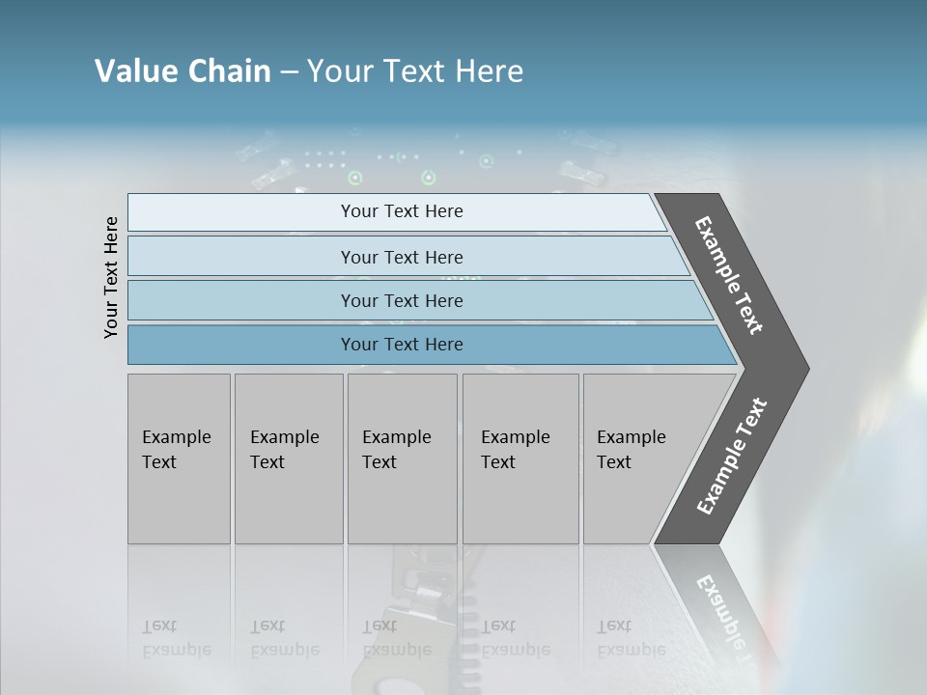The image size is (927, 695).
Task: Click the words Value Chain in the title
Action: (x=183, y=71)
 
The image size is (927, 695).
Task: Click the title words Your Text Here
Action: (x=415, y=71)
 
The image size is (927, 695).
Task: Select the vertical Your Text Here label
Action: (x=111, y=278)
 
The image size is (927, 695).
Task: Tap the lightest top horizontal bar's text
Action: (x=402, y=211)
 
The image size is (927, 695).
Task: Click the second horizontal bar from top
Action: (x=402, y=257)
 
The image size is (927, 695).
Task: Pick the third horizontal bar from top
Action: (x=402, y=300)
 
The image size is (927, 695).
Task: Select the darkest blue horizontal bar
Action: (x=402, y=345)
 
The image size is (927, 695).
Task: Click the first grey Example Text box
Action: (x=179, y=459)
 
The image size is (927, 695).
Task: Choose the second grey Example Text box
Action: (x=289, y=459)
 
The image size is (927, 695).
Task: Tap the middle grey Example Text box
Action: (x=402, y=459)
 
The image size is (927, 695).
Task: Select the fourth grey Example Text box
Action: (x=520, y=459)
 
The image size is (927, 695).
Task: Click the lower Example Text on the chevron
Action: (x=732, y=457)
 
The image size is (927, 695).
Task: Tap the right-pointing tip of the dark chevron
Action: (x=803, y=369)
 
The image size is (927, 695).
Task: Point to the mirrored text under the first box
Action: (x=176, y=638)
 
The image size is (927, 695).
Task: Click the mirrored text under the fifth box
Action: (x=631, y=638)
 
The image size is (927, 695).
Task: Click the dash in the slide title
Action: (x=289, y=72)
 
